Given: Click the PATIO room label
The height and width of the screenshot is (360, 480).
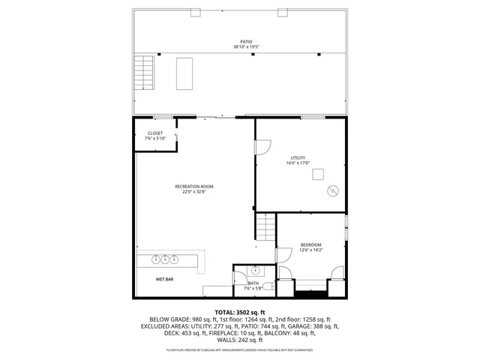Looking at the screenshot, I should tap(246, 42).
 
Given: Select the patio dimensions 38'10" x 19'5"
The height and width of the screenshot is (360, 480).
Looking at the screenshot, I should tap(246, 47).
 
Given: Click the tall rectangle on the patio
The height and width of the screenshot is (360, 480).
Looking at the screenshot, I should tap(184, 73).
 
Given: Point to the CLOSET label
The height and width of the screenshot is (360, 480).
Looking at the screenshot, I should tap(154, 133).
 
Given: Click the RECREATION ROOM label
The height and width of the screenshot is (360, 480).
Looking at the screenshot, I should tap(194, 186).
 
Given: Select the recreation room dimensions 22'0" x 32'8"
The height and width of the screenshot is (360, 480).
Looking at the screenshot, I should tap(194, 191).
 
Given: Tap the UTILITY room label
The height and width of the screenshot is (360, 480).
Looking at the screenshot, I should tap(298, 157).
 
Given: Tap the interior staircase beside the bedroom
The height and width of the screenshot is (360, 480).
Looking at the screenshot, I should tap(264, 226).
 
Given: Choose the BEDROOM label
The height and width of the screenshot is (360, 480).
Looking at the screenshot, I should tap(311, 244).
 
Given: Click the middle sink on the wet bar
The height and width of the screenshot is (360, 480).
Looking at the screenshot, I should tap(165, 259).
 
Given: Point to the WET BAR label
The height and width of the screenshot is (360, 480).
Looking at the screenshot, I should tap(166, 279).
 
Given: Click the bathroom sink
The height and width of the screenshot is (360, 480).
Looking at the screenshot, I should tap(255, 270).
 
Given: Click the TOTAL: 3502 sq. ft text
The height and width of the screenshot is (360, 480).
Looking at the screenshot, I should tap(240, 311).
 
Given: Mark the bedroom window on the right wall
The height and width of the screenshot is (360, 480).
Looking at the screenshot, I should tap(346, 228).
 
